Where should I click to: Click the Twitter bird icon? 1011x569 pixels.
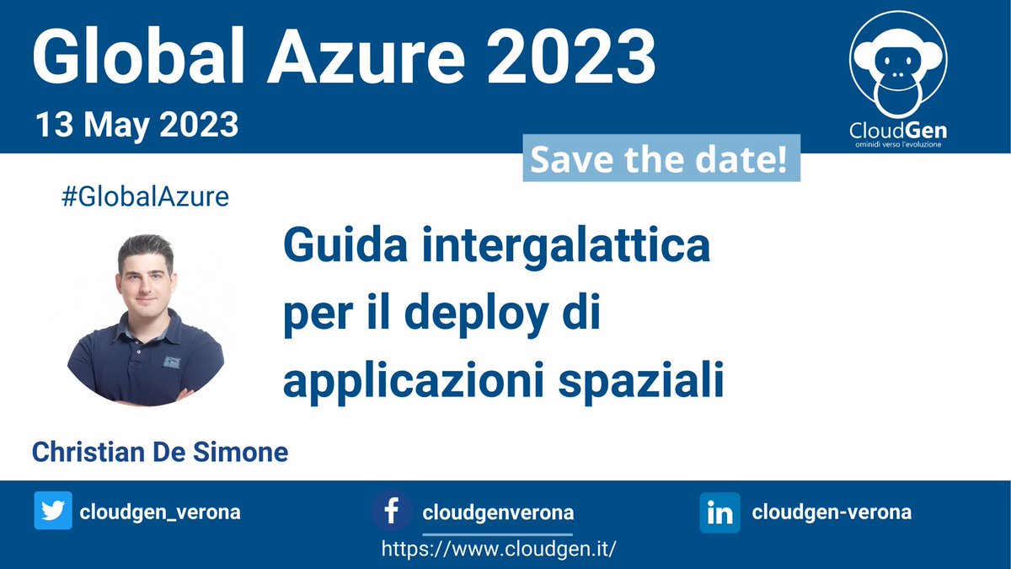53,512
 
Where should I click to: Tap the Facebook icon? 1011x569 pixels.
392,512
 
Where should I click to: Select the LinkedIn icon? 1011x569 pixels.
719,513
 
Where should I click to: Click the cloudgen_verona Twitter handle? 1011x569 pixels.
160,513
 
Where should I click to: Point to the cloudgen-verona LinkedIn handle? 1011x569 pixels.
832,513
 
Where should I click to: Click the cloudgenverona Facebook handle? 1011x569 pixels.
498,513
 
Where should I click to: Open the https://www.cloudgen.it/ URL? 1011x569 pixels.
499,549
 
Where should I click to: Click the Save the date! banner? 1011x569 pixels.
661,160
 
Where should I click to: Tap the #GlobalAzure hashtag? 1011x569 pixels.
145,197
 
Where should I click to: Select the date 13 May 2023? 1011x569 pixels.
136,125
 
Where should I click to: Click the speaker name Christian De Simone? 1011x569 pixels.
160,452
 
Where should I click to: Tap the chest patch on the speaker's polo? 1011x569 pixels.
172,362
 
